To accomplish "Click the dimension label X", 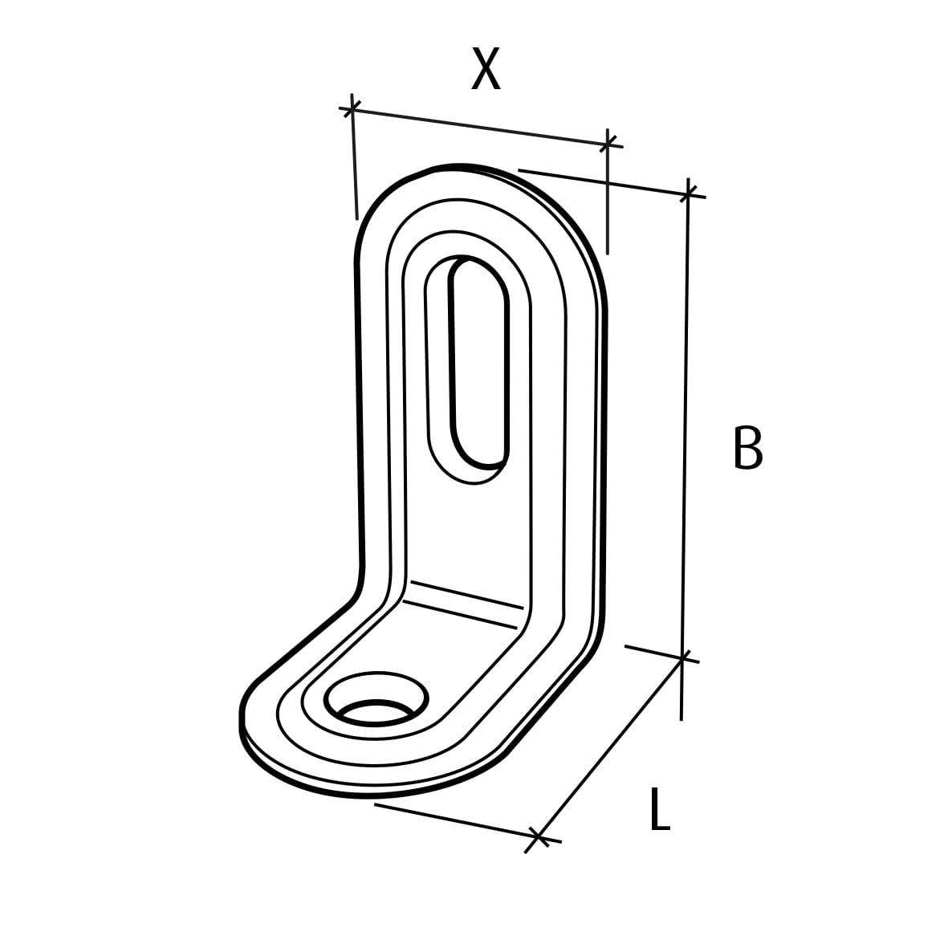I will (486, 69).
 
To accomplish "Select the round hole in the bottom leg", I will (373, 702).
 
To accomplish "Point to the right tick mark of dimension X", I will (608, 143).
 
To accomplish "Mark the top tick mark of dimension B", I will (688, 193).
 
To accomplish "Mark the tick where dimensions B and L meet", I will (682, 658).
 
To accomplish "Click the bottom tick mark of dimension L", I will (539, 839).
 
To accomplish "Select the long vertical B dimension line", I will (686, 425).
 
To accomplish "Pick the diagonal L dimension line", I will (610, 749).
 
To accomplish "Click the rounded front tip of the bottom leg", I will (243, 714).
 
